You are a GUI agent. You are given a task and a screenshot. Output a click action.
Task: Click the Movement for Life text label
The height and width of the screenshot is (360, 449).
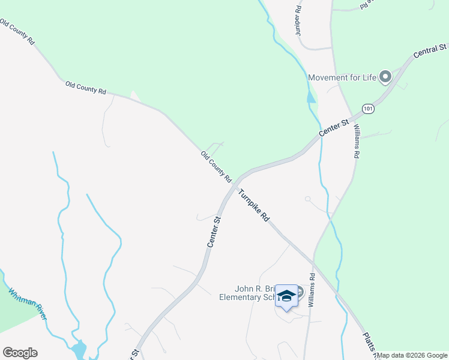(342, 77)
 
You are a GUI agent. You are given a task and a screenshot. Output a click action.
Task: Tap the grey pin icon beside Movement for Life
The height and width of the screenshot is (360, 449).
(385, 76)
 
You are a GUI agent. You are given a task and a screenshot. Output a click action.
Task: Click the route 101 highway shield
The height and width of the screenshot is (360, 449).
(368, 109)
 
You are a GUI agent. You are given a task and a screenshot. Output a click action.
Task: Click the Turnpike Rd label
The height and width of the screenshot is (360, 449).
(253, 206)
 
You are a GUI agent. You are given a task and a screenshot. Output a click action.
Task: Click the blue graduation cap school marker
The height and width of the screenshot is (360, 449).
(287, 296)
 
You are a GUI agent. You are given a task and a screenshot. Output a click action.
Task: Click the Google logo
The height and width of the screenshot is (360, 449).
(20, 353)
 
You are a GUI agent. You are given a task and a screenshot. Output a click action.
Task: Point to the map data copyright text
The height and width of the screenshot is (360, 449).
(412, 355)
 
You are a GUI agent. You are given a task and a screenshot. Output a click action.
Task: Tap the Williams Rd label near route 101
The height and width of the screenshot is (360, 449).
(356, 141)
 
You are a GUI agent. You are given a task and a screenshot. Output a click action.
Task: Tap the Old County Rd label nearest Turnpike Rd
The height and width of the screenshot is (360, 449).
(216, 167)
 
